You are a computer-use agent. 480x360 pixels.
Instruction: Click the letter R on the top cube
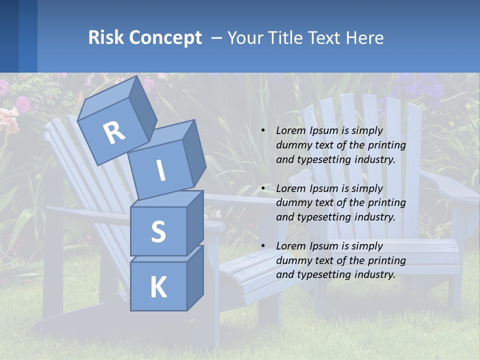114,132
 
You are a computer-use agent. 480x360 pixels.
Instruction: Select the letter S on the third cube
158,231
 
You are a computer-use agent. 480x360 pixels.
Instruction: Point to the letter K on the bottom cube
158,287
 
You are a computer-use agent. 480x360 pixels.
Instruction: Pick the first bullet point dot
263,131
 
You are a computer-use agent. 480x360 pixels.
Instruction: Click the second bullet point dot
263,189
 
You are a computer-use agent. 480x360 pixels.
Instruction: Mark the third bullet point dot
263,246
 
